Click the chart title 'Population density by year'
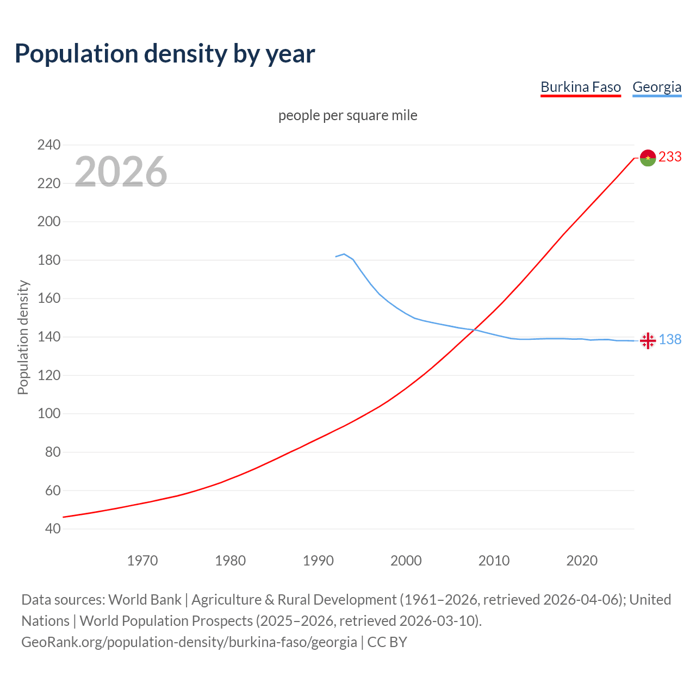tap(165, 54)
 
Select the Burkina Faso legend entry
tap(580, 87)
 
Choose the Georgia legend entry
tap(656, 87)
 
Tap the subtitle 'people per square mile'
tap(347, 115)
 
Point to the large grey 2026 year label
tap(121, 172)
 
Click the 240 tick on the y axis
tap(48, 145)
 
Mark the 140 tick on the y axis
tap(48, 337)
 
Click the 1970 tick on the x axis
tap(142, 561)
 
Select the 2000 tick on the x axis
tap(406, 561)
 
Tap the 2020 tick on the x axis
tap(582, 561)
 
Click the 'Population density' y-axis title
tap(23, 337)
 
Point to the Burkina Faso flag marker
tap(648, 158)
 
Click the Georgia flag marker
tap(648, 341)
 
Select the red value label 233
tap(670, 157)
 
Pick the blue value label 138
tap(670, 339)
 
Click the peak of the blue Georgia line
tap(344, 254)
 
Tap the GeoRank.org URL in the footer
tap(189, 642)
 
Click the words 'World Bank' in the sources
tap(145, 600)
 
